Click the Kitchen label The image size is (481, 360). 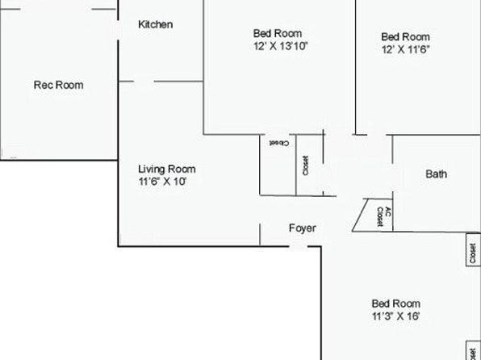(155, 25)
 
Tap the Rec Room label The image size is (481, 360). (58, 85)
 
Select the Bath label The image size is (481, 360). (436, 174)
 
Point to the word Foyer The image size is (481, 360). (303, 228)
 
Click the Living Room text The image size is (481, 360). (167, 170)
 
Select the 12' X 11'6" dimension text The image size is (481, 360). (405, 49)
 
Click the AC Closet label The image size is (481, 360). (383, 216)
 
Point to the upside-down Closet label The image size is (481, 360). (278, 143)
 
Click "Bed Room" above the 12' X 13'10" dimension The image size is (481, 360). (278, 33)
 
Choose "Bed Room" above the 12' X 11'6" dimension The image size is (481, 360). (405, 36)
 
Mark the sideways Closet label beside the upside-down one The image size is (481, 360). (306, 165)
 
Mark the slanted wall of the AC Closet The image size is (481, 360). (359, 216)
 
